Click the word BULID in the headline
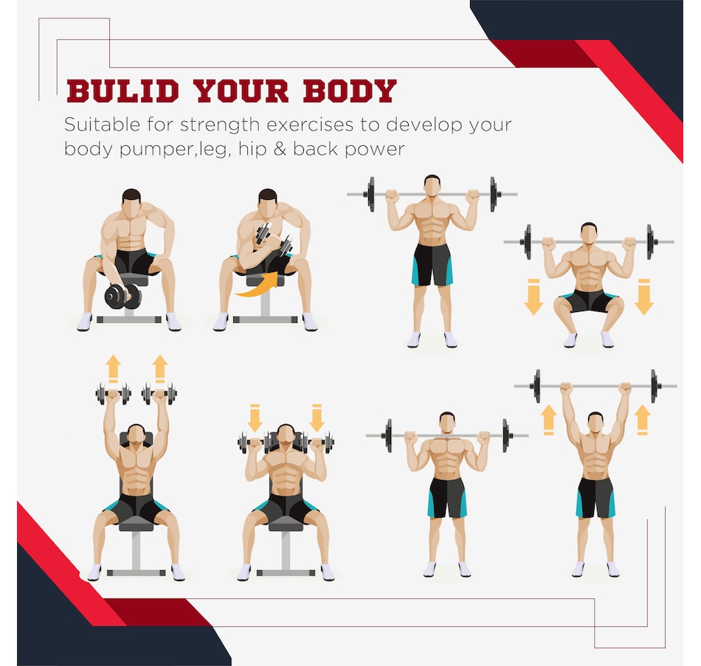point(123,91)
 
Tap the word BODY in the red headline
point(350,91)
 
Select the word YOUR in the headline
point(241,91)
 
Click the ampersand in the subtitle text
point(280,149)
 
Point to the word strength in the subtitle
point(219,125)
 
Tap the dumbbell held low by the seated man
point(122,296)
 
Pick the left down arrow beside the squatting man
point(533,296)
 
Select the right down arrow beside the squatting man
point(643,296)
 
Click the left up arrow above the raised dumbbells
point(114,369)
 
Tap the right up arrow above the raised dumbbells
point(159,369)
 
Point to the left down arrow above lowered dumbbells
point(255,418)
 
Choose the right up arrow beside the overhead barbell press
point(642,419)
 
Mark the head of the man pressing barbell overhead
point(595,423)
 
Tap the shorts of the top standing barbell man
point(432,265)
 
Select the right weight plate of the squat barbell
point(651,242)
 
